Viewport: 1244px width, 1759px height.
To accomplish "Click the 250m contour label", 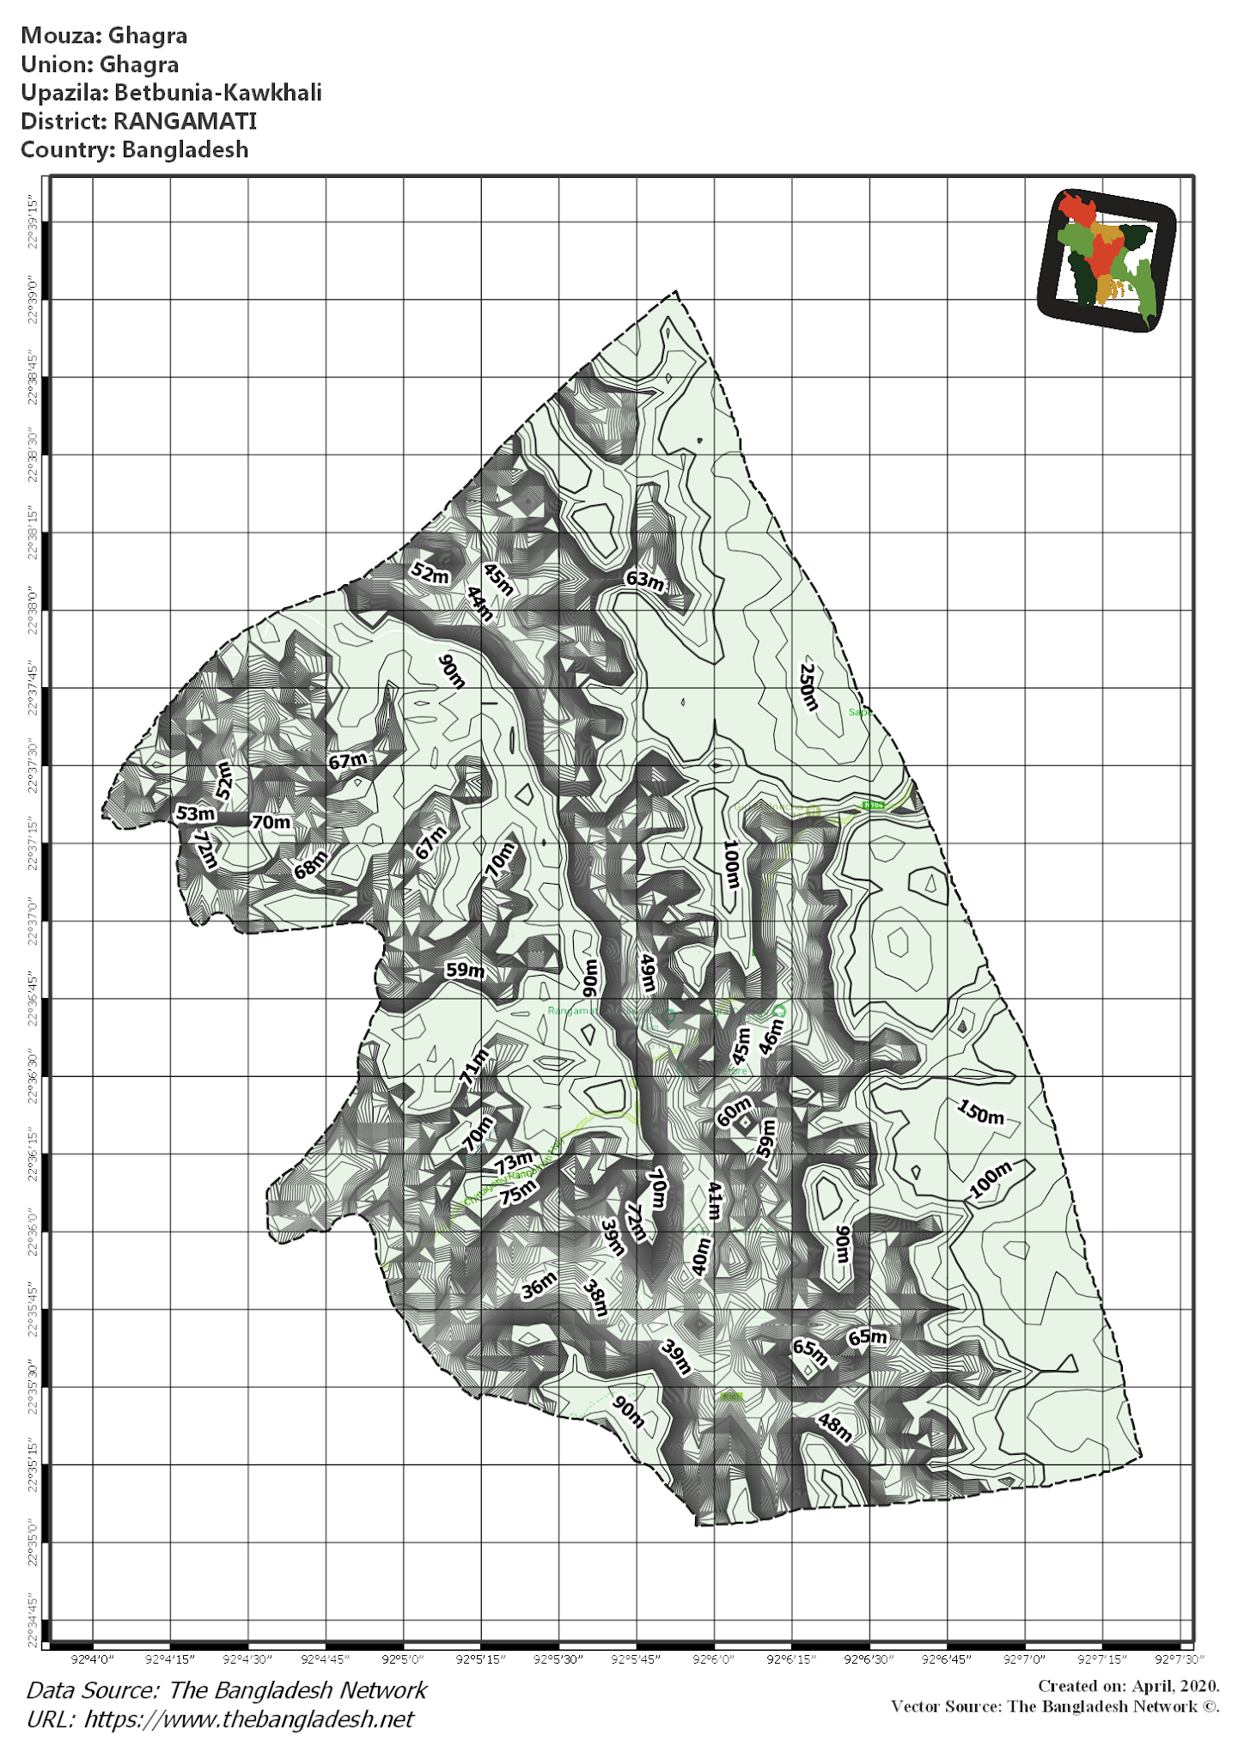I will point(808,687).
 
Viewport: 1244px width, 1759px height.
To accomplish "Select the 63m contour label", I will point(644,581).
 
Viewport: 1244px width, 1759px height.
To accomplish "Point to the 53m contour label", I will point(195,813).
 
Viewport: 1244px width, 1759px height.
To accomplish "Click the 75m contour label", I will point(518,1191).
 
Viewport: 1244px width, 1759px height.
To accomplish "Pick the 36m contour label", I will point(540,1285).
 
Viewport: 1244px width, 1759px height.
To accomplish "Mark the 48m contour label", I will point(834,1427).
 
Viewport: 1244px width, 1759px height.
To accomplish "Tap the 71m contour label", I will point(475,1068).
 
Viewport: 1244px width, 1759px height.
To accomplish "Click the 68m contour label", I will point(310,864).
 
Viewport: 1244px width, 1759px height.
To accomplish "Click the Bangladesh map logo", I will point(1106,259).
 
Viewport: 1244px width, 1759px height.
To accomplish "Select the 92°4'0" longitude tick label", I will point(93,1659).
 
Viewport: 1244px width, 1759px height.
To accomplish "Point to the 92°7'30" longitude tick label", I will point(1180,1659).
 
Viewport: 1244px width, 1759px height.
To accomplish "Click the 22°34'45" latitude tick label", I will point(34,1622).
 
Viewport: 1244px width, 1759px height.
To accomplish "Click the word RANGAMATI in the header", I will point(185,121).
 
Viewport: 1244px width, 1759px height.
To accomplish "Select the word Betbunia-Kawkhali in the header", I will point(218,93).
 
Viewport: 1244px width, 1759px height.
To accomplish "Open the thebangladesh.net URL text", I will point(248,1719).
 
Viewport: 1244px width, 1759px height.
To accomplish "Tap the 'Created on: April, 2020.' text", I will point(1128,1686).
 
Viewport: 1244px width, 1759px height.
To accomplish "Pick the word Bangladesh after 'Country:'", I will point(185,149).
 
